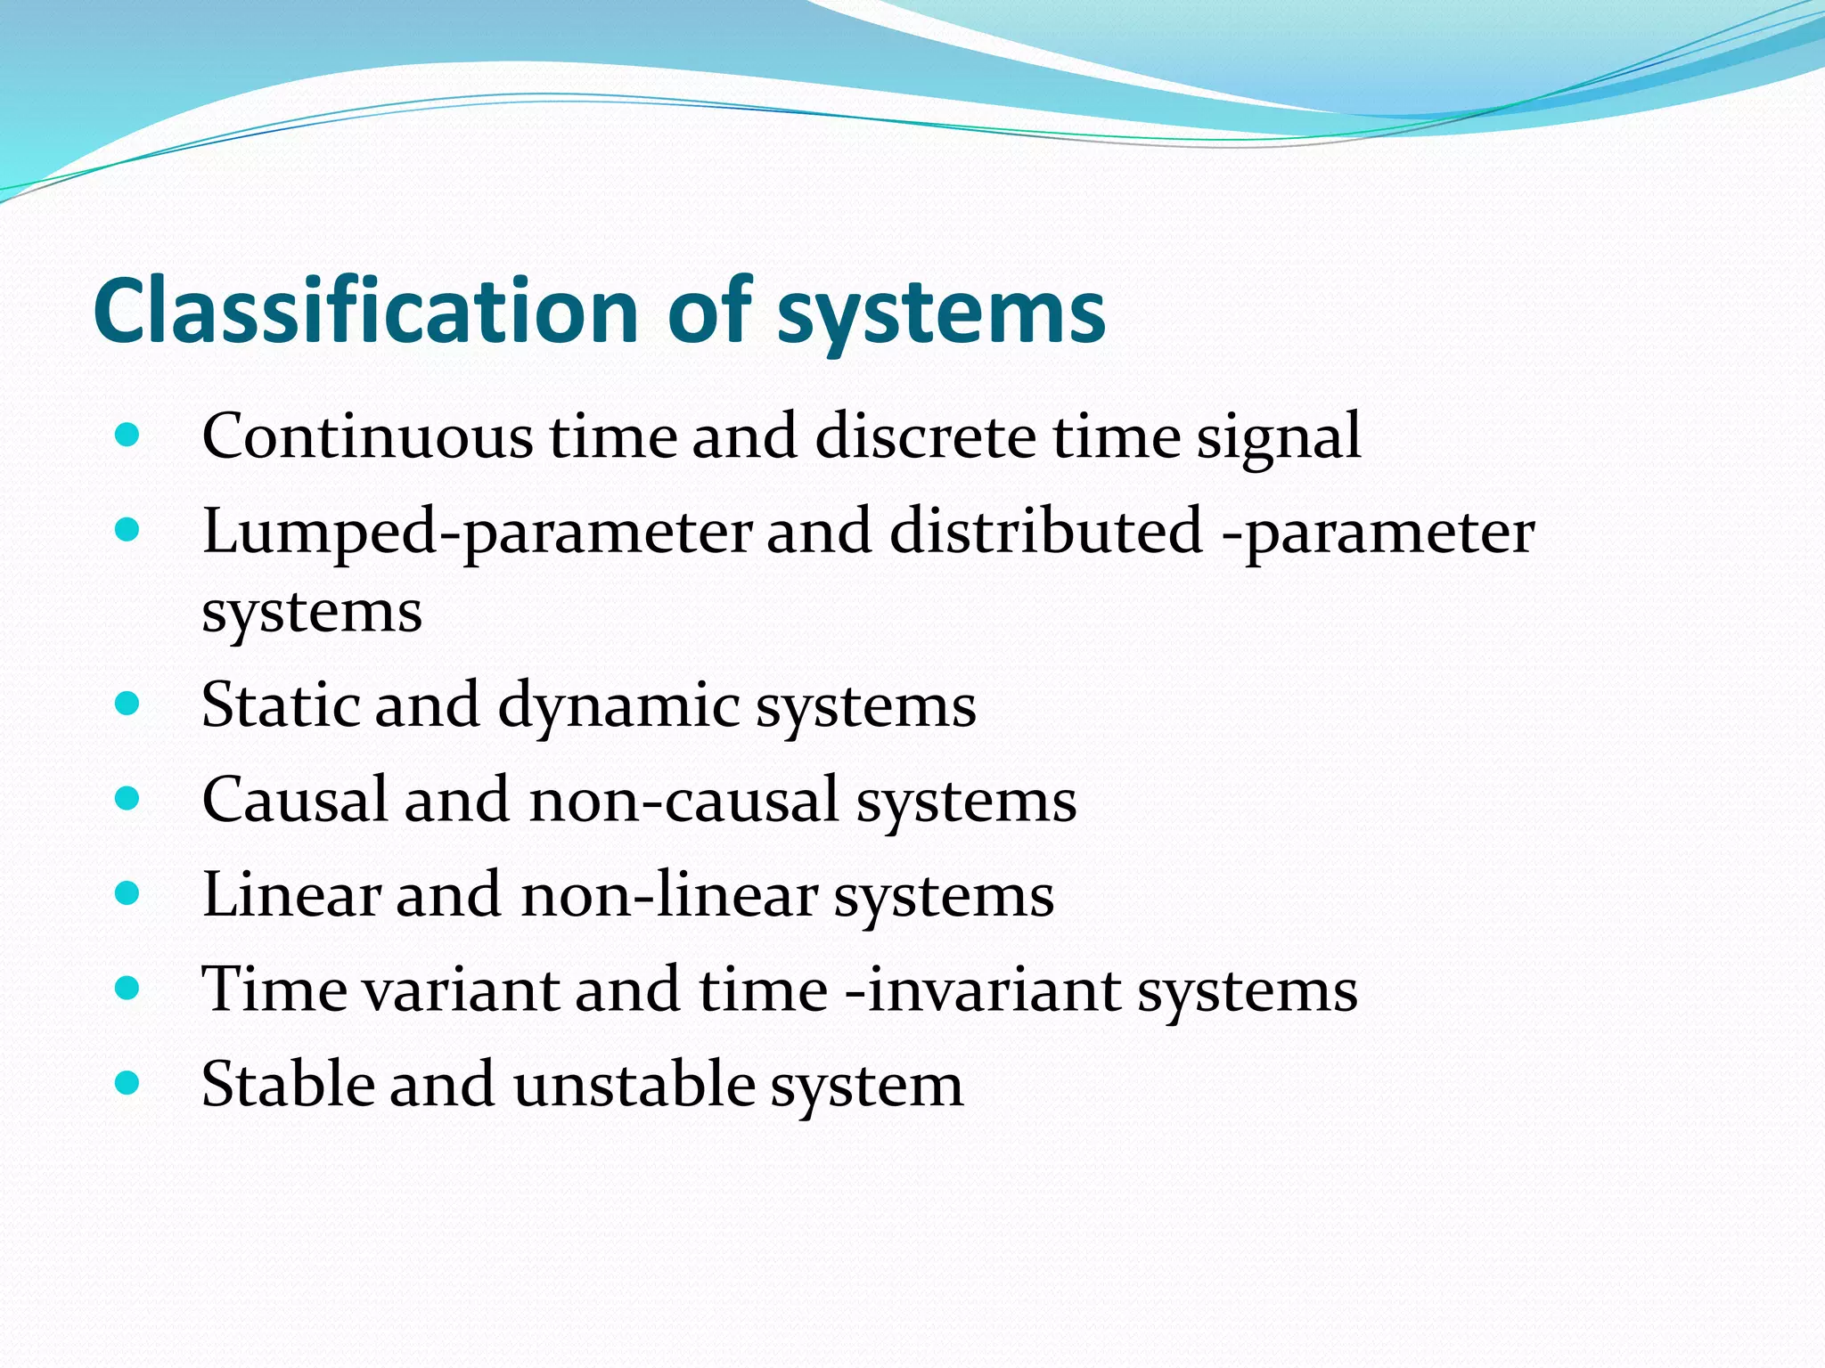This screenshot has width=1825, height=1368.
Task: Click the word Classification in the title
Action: (x=365, y=311)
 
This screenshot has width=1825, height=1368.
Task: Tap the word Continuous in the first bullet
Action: (x=367, y=436)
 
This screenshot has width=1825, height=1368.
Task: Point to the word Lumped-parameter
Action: (x=477, y=533)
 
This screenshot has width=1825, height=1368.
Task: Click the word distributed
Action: (x=1046, y=531)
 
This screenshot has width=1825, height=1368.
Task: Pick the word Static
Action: (x=279, y=704)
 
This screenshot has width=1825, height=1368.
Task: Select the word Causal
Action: (x=295, y=799)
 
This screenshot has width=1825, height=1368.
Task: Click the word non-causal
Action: (x=683, y=799)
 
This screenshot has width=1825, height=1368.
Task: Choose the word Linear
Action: (x=291, y=894)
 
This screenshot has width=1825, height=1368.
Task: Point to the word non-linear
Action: (x=669, y=894)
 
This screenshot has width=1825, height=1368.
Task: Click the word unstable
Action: (x=634, y=1084)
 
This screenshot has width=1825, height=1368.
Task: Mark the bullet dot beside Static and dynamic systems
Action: (x=127, y=704)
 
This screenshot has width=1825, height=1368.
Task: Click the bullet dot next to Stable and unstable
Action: (x=127, y=1083)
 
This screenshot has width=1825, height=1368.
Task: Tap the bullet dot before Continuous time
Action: (x=127, y=436)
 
